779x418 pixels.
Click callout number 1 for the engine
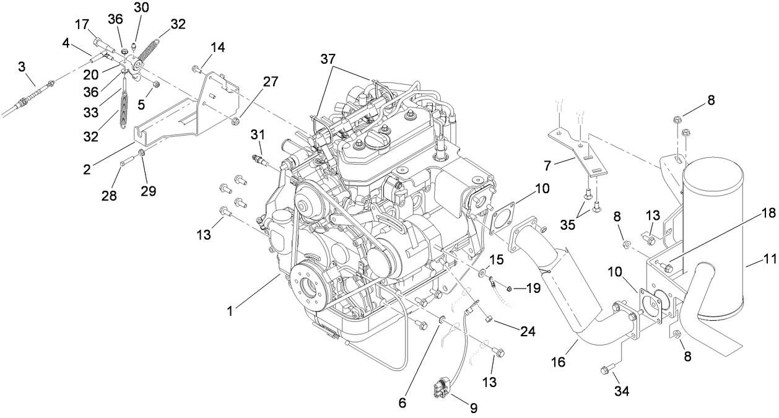coord(230,311)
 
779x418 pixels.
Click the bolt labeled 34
coord(605,370)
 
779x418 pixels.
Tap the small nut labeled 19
coord(508,288)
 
